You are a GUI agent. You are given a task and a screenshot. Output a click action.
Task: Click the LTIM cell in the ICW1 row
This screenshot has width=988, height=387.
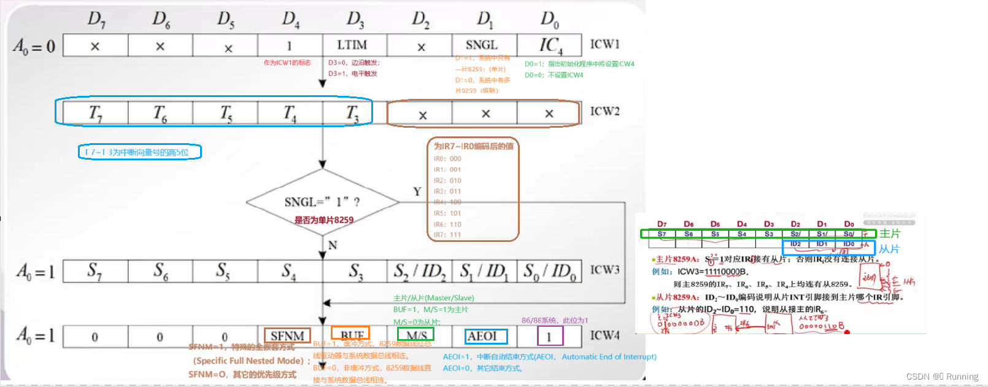click(352, 45)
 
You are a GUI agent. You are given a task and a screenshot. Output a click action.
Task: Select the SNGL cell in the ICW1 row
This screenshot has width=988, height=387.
click(482, 45)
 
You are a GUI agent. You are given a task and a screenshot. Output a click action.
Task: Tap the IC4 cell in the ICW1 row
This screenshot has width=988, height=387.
click(550, 45)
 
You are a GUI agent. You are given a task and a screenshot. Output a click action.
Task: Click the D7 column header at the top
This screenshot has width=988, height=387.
click(96, 20)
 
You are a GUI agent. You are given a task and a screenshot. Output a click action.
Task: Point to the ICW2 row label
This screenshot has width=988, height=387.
click(604, 111)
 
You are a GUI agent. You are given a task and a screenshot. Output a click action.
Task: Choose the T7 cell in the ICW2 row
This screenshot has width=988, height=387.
click(96, 112)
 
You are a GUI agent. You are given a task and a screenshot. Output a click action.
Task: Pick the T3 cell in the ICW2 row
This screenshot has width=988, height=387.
click(352, 112)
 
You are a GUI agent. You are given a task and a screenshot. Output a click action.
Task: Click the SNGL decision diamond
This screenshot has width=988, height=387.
click(323, 203)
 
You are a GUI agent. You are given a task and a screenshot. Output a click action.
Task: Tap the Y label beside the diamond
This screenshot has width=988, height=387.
click(417, 192)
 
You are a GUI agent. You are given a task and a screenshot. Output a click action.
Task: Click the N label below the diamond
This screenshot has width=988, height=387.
click(333, 245)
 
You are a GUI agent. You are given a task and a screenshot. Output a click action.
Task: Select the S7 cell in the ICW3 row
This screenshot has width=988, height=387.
click(95, 271)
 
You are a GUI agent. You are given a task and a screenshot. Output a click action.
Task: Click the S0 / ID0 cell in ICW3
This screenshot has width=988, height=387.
click(549, 271)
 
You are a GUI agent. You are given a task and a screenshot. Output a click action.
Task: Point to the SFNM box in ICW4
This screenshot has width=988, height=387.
click(287, 335)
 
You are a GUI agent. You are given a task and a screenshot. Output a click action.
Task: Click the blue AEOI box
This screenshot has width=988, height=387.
click(485, 336)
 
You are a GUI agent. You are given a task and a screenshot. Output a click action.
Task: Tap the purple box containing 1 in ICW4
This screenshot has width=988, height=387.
click(549, 336)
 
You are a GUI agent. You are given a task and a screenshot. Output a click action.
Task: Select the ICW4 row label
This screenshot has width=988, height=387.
click(604, 335)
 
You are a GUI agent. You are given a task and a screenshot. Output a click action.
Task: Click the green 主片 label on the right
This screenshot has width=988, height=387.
click(889, 233)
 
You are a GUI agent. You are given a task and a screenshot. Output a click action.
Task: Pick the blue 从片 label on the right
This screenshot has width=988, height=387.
click(889, 249)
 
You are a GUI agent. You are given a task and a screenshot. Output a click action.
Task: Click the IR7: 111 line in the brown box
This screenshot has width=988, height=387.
click(447, 235)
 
